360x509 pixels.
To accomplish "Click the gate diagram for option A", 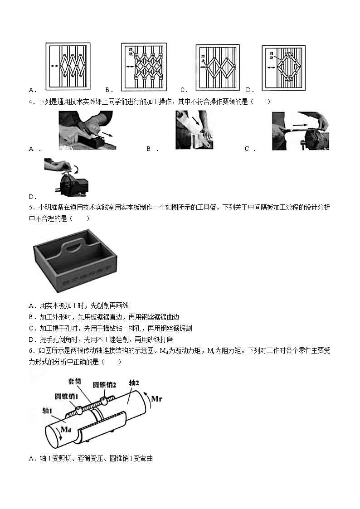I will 68,66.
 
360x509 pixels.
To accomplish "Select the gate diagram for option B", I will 143,67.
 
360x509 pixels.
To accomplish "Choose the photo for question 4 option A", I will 87,131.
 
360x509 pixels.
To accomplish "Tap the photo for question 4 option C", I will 300,131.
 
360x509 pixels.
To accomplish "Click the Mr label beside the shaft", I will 156,399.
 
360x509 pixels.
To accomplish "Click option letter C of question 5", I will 31,328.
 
